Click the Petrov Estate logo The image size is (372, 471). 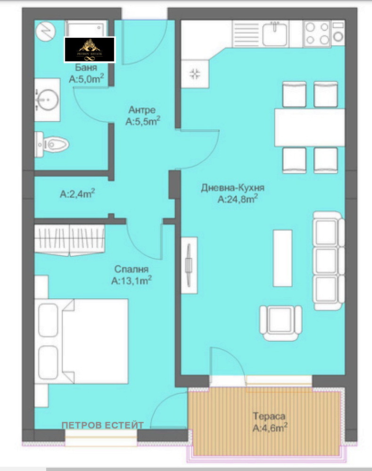[x=90, y=50]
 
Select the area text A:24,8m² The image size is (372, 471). [x=237, y=199]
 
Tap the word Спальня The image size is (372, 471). [x=132, y=269]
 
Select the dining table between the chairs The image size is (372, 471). [x=310, y=127]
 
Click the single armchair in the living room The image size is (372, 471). [x=281, y=322]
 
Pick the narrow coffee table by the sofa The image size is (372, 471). [x=283, y=258]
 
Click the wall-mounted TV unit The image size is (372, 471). [x=189, y=265]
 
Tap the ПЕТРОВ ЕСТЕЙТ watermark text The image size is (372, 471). [x=103, y=425]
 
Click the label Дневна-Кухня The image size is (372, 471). [x=232, y=188]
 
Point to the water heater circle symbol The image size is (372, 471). [x=46, y=32]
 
